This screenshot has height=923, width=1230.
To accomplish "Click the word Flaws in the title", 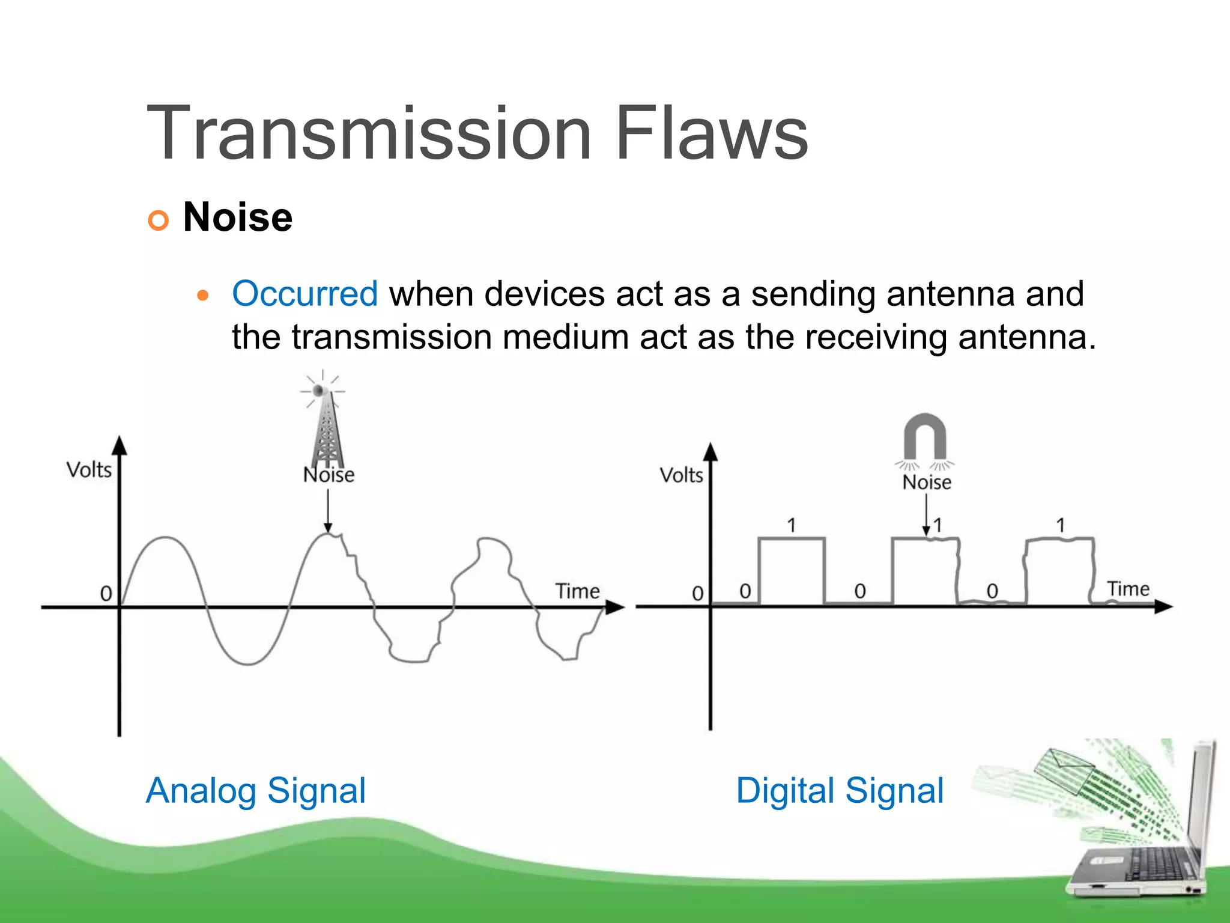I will [712, 133].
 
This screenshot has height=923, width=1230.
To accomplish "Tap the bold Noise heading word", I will [238, 217].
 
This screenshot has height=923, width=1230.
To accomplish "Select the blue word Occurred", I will [304, 294].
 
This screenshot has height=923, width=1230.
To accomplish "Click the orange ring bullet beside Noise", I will [158, 221].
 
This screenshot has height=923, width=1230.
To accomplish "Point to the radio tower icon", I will [326, 427].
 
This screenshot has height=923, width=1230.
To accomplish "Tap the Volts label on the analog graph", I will [89, 470].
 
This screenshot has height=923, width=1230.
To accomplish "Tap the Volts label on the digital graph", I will [681, 475].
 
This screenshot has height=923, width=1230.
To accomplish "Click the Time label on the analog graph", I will [577, 591].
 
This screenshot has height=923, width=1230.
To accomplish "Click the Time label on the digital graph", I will [1128, 589].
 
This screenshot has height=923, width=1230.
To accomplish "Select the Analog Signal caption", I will [256, 790].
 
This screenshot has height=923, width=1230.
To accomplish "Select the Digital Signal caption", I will [840, 790].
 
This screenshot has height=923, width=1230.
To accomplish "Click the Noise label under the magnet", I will [927, 482].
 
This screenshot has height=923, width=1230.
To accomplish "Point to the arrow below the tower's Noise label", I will [328, 511].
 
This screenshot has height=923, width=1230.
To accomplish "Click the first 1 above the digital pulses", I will [792, 525].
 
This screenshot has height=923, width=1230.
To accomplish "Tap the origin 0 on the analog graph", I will [106, 594].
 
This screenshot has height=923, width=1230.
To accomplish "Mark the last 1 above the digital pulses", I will [1061, 525].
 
